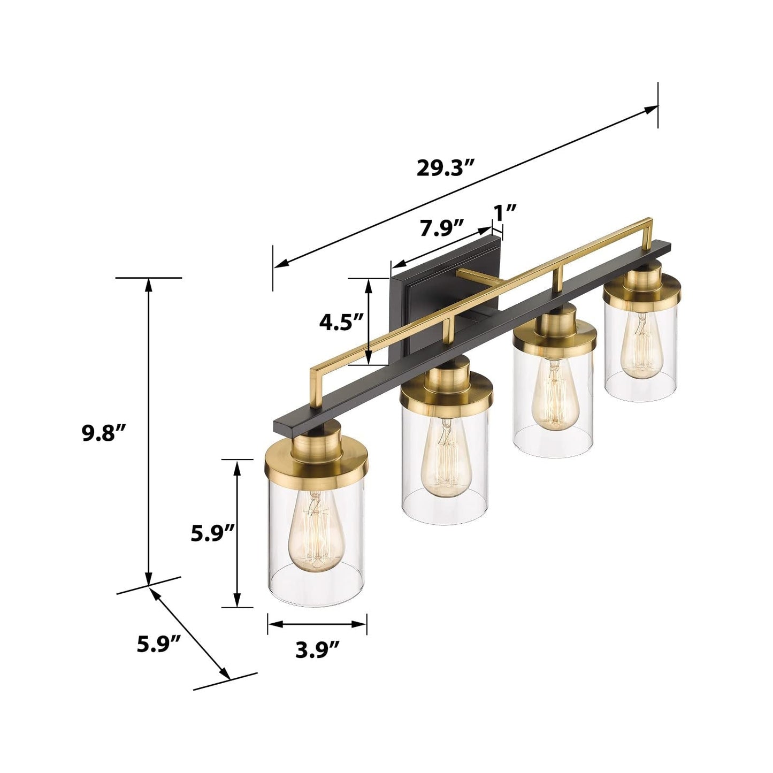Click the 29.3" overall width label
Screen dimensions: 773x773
click(x=445, y=168)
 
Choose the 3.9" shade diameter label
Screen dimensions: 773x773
click(x=317, y=650)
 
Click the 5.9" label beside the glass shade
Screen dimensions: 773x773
click(x=213, y=533)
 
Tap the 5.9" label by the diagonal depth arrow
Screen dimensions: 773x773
click(x=159, y=644)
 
